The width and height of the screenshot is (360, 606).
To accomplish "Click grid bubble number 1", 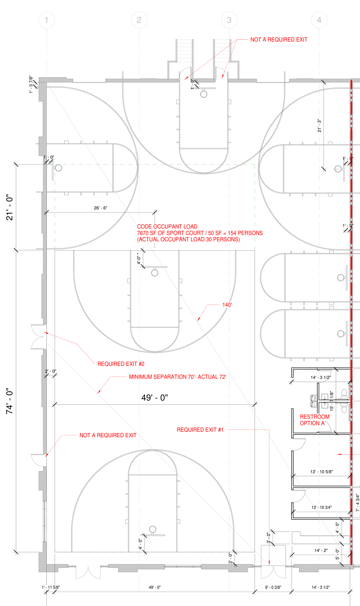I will pos(46,20).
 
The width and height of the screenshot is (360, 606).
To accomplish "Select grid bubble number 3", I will pos(229,20).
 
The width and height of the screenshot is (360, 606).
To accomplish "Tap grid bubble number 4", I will pos(319,20).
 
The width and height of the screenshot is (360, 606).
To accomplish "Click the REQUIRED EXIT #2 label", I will pos(121,364).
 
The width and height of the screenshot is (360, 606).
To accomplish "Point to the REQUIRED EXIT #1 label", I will pos(200,430).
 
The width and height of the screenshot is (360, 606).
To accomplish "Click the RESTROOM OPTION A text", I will pos(314,420).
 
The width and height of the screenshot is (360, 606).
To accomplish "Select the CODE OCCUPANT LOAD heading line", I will pos(167,227).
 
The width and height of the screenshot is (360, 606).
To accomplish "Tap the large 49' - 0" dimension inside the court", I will pos(154,397).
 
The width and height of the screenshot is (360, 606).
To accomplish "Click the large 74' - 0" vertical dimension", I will pos(9,401).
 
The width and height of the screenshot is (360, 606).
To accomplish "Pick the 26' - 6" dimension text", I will pos(100,208).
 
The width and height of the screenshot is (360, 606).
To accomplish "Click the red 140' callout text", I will pos(227,305).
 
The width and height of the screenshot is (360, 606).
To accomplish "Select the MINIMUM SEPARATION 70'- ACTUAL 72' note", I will pos(177,377).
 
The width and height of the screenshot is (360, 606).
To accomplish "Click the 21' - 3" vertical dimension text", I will pos(319,126).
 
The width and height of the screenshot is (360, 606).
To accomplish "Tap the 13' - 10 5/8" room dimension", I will pos(321,472).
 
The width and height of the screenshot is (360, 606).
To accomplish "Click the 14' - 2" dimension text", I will pos(321,550).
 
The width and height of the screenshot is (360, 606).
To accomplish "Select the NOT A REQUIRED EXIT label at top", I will pos(279,40).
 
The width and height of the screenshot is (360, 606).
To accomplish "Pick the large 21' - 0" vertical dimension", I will pos(9,207).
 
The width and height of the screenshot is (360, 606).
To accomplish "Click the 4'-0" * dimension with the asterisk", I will pos(139,258).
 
